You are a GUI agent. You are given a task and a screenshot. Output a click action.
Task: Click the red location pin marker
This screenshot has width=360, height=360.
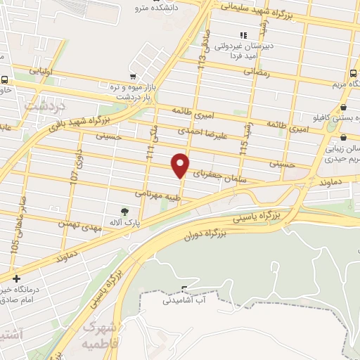point(181,165)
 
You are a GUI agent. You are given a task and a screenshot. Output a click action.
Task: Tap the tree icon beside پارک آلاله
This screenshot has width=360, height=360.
point(125,210)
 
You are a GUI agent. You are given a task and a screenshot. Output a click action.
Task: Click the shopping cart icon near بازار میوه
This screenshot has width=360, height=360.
point(133,75)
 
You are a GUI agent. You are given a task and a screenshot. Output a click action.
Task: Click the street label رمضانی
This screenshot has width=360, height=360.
point(257,72)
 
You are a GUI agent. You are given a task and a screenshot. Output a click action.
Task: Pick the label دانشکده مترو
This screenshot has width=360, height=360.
point(161,8)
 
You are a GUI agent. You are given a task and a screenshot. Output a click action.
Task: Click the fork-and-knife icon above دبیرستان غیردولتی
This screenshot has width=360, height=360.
point(243,35)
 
